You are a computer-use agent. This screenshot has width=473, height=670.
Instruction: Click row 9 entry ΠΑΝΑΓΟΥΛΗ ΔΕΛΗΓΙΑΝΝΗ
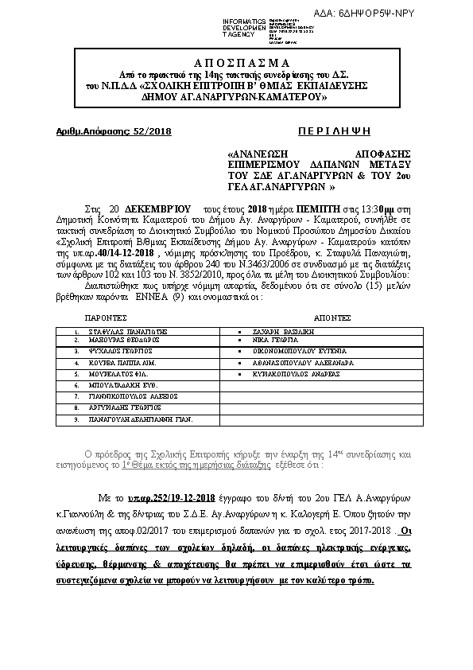(x=141, y=418)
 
